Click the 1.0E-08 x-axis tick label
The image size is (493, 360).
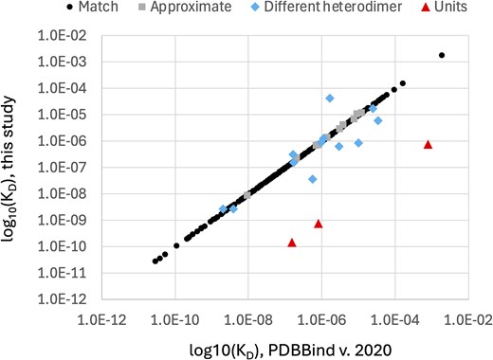pos(248,320)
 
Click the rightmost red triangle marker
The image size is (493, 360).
pos(429,144)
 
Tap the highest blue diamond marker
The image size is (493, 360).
pos(330,98)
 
